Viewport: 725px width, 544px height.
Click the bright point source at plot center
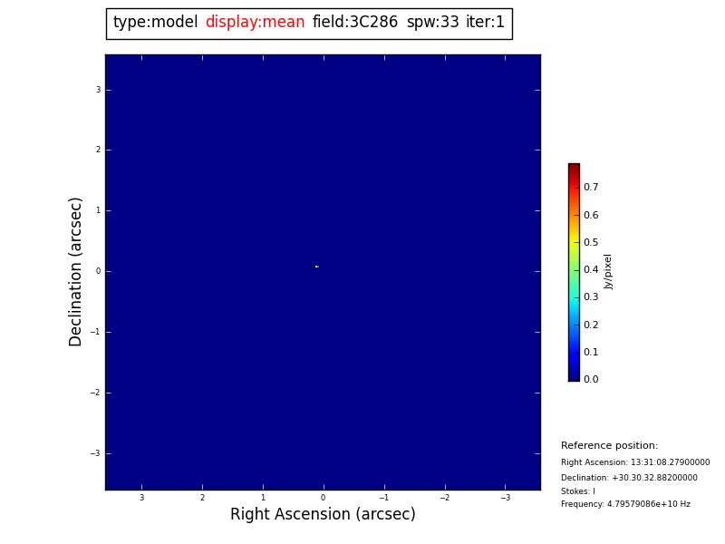[316, 267]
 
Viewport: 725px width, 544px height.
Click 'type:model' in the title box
[155, 23]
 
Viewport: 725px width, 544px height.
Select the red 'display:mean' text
[255, 23]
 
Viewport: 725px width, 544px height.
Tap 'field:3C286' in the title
[355, 23]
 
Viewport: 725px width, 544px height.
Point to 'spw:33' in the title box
[432, 23]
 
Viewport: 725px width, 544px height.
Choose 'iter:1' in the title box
[485, 23]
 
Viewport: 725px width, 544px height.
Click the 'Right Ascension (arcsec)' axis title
[323, 515]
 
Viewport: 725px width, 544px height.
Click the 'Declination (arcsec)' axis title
[76, 271]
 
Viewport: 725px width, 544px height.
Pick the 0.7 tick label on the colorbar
[591, 188]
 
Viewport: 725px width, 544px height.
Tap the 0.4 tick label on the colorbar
[591, 270]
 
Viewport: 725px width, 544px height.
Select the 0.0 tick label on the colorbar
[591, 380]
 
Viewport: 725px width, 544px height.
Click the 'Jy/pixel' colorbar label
[609, 271]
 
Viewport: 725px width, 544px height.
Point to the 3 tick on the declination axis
[98, 90]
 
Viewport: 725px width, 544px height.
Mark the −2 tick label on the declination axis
[95, 393]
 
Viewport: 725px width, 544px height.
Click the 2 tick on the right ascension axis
[202, 498]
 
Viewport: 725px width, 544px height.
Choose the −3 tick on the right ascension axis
[506, 498]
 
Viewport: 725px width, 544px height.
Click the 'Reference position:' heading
[609, 446]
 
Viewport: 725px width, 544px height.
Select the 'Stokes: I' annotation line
[578, 491]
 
